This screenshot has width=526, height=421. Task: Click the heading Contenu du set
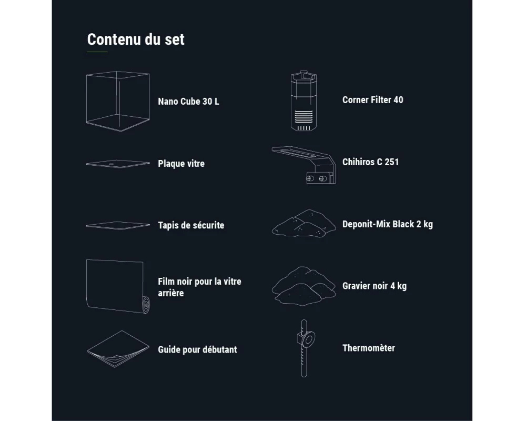[x=136, y=39]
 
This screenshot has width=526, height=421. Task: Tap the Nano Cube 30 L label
[x=188, y=102]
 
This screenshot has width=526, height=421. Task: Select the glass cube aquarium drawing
[x=118, y=101]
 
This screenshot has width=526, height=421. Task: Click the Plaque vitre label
[x=181, y=164]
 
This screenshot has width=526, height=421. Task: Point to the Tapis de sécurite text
[x=191, y=225]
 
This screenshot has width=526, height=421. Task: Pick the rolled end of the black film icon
[x=146, y=305]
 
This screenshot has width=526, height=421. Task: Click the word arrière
[x=171, y=293]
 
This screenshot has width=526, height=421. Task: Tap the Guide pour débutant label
[x=198, y=349]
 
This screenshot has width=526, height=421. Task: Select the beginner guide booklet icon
[x=118, y=349]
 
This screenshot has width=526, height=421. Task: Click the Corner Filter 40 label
[x=373, y=99]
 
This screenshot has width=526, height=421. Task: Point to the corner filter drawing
[x=304, y=101]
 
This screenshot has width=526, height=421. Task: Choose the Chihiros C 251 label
[x=370, y=162]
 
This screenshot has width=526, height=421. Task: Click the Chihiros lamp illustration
[x=304, y=165]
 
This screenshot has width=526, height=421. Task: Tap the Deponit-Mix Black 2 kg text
[x=388, y=224]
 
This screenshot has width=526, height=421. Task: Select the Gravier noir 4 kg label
[x=375, y=286]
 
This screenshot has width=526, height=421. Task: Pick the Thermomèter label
[x=369, y=348]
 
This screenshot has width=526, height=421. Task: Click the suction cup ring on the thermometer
[x=308, y=339]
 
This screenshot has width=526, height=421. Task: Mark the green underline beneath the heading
[x=97, y=52]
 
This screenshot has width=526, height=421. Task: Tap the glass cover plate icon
[x=118, y=164]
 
